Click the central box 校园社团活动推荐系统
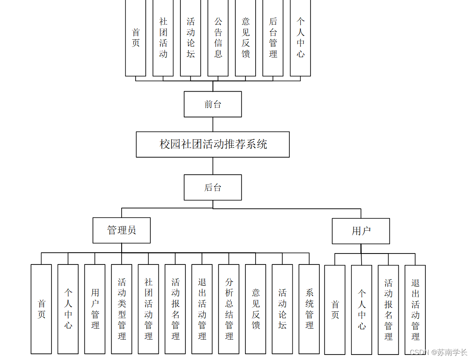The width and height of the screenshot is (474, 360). pyautogui.click(x=212, y=145)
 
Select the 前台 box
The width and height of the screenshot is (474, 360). pyautogui.click(x=212, y=104)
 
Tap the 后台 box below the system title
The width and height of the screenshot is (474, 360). pyautogui.click(x=212, y=188)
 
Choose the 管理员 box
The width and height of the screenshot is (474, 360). pyautogui.click(x=122, y=230)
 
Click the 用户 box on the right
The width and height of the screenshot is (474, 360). pyautogui.click(x=361, y=231)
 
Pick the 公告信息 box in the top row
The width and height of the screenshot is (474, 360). pyautogui.click(x=218, y=38)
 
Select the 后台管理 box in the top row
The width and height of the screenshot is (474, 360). pyautogui.click(x=273, y=38)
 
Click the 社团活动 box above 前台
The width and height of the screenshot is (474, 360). pyautogui.click(x=163, y=38)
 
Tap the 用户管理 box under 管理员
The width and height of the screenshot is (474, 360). pyautogui.click(x=95, y=309)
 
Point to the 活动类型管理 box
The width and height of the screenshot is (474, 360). pyautogui.click(x=122, y=309)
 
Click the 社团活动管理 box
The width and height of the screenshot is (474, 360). pyautogui.click(x=148, y=309)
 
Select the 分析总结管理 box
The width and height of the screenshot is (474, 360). pyautogui.click(x=229, y=309)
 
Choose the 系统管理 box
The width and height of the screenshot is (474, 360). pyautogui.click(x=309, y=309)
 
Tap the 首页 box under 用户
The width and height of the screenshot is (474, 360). pyautogui.click(x=335, y=310)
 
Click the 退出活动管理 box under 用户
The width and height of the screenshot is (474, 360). pyautogui.click(x=415, y=310)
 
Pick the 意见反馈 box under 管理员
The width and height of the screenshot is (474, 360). pyautogui.click(x=256, y=309)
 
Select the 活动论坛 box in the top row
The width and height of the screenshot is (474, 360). pyautogui.click(x=191, y=38)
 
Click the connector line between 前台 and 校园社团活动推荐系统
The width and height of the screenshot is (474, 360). pyautogui.click(x=213, y=124)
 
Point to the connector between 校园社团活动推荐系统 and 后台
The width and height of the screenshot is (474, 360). pyautogui.click(x=213, y=166)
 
